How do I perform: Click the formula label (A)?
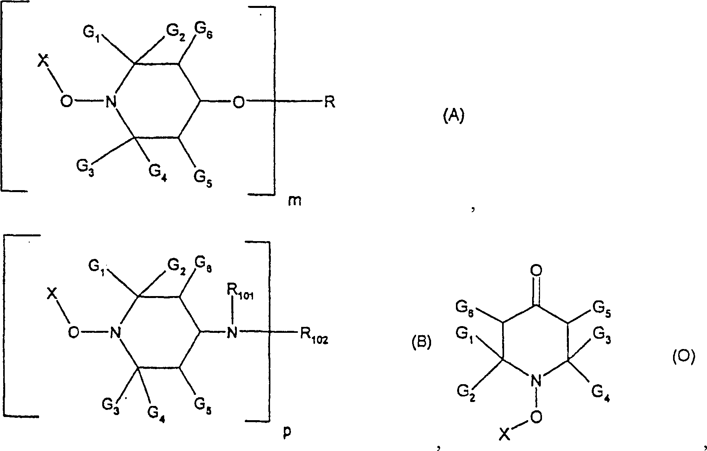point(453,117)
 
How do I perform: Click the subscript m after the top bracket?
point(295,201)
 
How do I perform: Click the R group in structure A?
point(330,102)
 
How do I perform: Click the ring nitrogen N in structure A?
point(111,103)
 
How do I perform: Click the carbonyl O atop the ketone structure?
point(536,271)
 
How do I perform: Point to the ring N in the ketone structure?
point(536,381)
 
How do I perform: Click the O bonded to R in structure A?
point(238,102)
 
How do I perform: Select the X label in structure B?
point(51,293)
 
